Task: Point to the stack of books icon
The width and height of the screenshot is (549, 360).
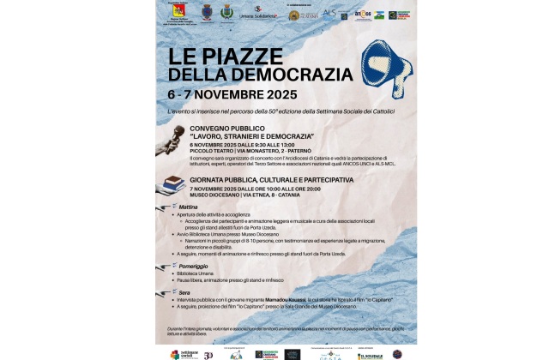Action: pyautogui.click(x=174, y=183)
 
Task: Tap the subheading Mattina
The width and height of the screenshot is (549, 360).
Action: pyautogui.click(x=187, y=207)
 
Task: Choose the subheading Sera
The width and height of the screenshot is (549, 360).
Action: pyautogui.click(x=184, y=292)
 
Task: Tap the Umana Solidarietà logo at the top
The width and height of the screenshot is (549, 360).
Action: pyautogui.click(x=257, y=13)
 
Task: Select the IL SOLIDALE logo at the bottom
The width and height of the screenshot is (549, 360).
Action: pyautogui.click(x=371, y=353)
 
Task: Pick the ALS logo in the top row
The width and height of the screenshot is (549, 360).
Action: pyautogui.click(x=329, y=14)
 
